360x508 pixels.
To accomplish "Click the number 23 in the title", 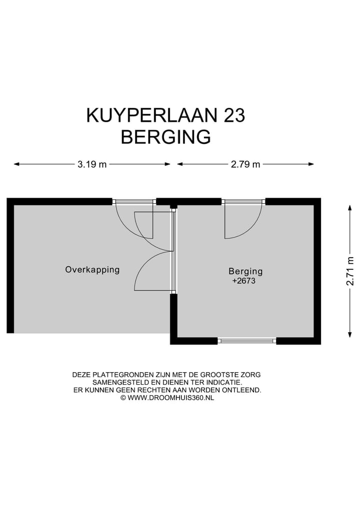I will [232, 115].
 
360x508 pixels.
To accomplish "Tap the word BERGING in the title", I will [165, 137].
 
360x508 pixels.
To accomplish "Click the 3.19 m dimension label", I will [92, 164].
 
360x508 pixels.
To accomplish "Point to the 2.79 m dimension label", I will [245, 164].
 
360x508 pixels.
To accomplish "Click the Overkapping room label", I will [92, 270].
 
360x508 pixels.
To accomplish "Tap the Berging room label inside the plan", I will [245, 272].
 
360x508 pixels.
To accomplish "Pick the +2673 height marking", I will [244, 281].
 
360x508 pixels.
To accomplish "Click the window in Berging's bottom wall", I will [247, 341].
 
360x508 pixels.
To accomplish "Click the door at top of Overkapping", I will [134, 202].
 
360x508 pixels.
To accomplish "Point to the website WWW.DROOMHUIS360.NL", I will [170, 398].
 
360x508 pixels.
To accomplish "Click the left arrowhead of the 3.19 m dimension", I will [16, 164].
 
